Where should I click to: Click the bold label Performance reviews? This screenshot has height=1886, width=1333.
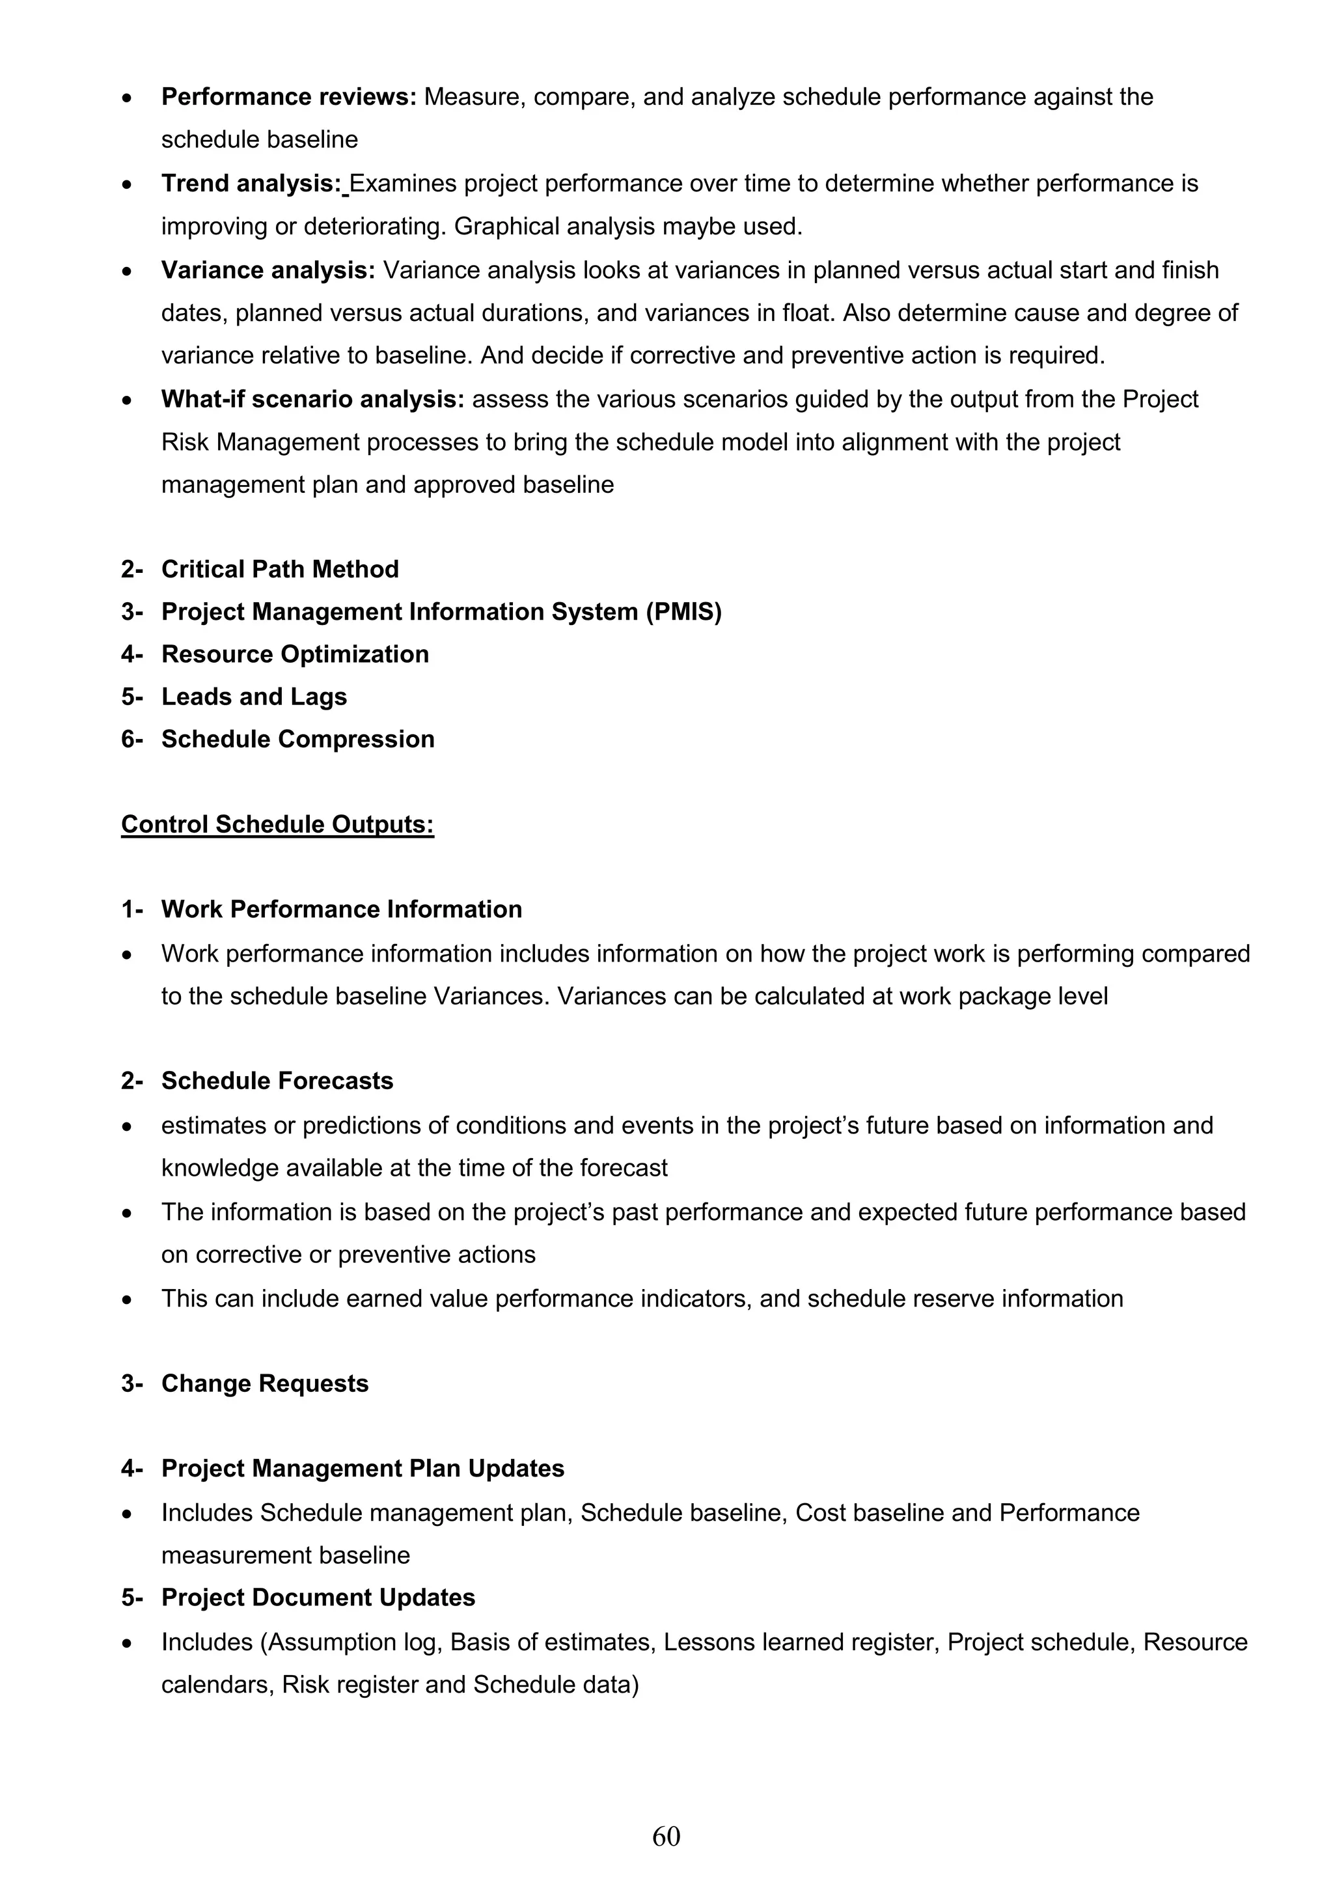(x=289, y=97)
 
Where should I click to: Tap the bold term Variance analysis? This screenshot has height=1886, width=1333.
(x=268, y=270)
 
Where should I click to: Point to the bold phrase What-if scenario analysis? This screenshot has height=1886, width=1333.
(x=313, y=399)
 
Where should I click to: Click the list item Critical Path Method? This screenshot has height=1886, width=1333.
(x=279, y=569)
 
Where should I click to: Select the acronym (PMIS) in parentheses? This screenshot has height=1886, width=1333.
(x=683, y=612)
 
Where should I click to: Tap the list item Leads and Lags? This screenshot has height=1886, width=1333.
(x=254, y=697)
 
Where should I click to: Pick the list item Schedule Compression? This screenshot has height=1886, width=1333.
(x=297, y=740)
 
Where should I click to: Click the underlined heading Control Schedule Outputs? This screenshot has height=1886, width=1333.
(x=278, y=825)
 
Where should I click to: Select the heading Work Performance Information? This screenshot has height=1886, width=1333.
(x=342, y=909)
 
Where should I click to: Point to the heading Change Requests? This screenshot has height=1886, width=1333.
(x=264, y=1383)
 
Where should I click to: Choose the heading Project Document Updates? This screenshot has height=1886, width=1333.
(x=318, y=1598)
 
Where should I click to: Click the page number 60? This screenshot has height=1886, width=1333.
(x=666, y=1836)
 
